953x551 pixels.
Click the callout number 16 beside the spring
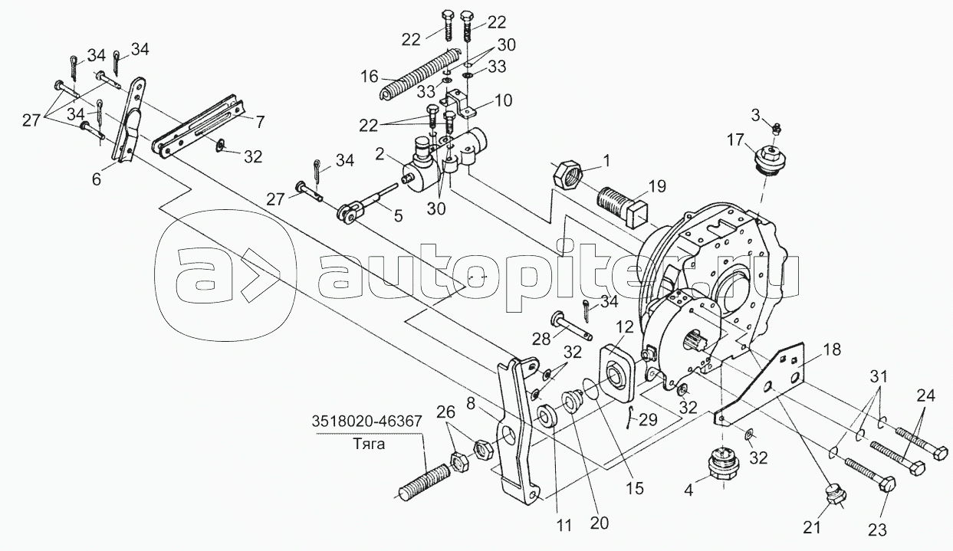click(370, 77)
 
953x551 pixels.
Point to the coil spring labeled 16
click(420, 73)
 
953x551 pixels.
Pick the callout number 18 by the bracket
click(831, 349)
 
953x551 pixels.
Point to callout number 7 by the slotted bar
click(261, 121)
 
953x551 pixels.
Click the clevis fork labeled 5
click(352, 214)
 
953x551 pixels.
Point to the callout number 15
click(634, 488)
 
